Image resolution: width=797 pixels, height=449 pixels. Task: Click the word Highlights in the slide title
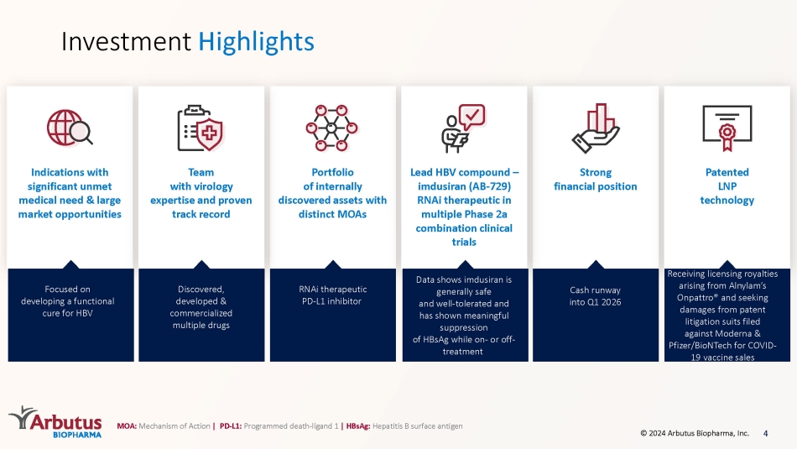(256, 42)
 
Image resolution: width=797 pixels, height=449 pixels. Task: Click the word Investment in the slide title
(126, 42)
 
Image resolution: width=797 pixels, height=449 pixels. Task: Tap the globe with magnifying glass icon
(70, 128)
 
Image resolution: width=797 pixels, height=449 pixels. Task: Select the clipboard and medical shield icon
(201, 128)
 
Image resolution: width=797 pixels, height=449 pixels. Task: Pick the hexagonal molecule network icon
(332, 128)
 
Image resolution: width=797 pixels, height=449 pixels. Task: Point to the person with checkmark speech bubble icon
(463, 128)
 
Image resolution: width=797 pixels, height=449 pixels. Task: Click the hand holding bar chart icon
(595, 128)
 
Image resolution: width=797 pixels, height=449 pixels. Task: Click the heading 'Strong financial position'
(595, 180)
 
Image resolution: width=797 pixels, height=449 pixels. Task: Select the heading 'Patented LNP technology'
(727, 186)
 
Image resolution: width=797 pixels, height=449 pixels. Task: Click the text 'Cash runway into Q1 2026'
(595, 296)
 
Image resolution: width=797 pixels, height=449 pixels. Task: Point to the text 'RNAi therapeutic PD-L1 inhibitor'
(332, 295)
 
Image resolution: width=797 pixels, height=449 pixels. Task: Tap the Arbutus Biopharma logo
(55, 421)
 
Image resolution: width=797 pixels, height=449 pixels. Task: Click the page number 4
(765, 433)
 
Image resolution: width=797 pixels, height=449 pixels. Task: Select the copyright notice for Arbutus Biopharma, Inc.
(695, 433)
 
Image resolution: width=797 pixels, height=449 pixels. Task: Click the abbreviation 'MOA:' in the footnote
(127, 426)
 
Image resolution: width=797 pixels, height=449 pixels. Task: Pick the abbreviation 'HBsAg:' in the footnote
(358, 426)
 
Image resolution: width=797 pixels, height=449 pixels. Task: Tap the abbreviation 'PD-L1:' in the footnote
(230, 426)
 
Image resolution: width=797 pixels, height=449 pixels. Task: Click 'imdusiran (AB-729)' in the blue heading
(464, 186)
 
